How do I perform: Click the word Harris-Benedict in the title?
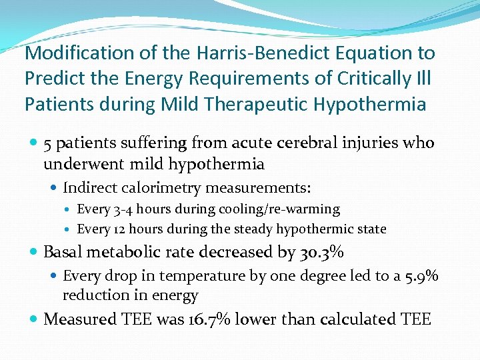point(238,53)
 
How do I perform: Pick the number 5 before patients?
point(47,143)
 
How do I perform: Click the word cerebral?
point(310,143)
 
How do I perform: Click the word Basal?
point(64,253)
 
